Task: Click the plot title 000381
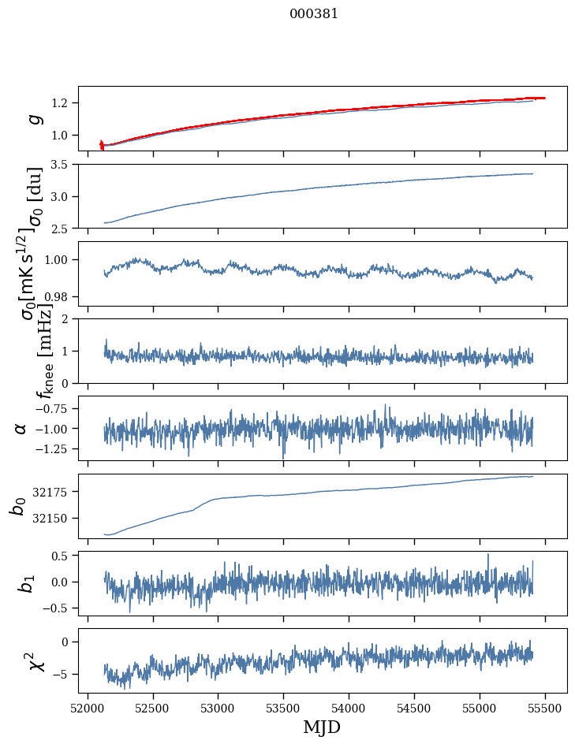[x=314, y=13]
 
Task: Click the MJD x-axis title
[x=323, y=727]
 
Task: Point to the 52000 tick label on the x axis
[x=88, y=709]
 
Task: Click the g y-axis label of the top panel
[x=35, y=118]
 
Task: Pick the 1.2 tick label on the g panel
[x=61, y=103]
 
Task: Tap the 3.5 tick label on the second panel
[x=61, y=165]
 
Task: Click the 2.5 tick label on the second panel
[x=61, y=229]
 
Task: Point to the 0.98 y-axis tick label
[x=58, y=296]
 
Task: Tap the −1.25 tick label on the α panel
[x=52, y=448]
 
